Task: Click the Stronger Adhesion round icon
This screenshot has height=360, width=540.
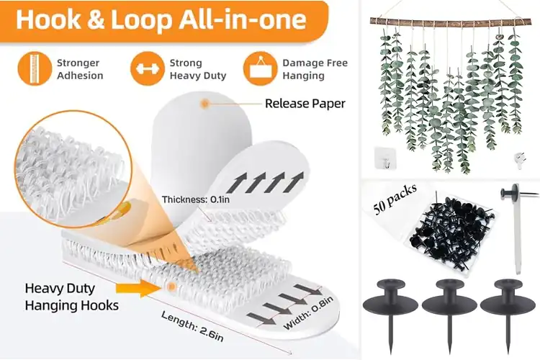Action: pos(35,69)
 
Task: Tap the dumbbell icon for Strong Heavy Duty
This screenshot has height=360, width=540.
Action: pos(148,69)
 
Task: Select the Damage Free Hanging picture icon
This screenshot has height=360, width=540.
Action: pos(261,69)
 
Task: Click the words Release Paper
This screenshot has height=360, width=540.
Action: pos(305,104)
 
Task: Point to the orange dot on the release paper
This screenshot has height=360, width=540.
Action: pos(205,103)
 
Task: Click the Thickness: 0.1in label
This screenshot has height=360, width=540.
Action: pos(196,199)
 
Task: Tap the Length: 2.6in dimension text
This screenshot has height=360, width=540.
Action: pos(192,326)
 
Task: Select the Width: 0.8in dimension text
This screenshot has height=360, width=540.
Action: pos(308,312)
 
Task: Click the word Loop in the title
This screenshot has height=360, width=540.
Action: pos(141,19)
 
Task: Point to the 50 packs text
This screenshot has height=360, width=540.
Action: pos(395,199)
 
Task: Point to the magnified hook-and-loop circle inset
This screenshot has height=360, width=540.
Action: pos(73,169)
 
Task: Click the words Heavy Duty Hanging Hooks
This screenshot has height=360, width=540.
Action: pos(71,297)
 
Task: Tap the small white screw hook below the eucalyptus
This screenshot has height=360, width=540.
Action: pos(520,161)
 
